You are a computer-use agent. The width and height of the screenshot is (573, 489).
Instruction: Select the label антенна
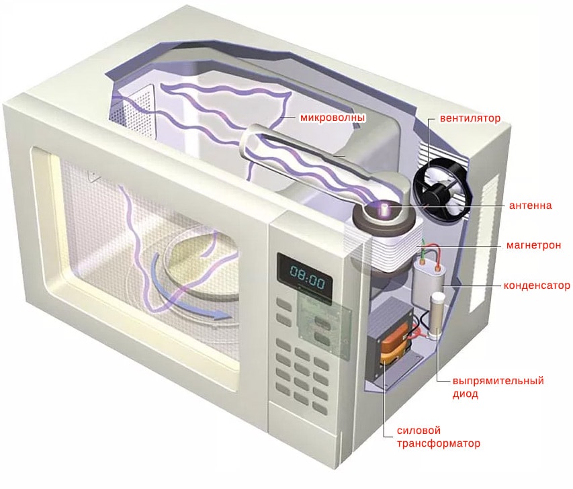(x=531, y=204)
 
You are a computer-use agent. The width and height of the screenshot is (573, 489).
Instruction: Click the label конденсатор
(x=537, y=285)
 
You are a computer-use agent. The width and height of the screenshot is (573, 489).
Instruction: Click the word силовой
(x=415, y=430)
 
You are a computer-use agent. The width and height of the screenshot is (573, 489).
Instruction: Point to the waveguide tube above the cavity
(x=316, y=158)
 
